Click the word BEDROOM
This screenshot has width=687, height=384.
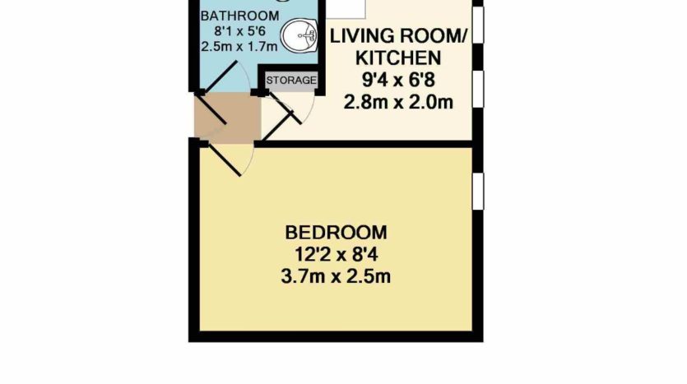tap(336, 233)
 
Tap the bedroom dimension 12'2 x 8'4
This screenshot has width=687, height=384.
tap(336, 254)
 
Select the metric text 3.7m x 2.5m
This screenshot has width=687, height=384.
tap(336, 277)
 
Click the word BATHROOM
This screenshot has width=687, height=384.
tap(239, 16)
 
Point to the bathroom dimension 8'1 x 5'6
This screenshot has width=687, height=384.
tap(239, 31)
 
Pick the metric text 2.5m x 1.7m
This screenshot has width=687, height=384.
tap(239, 46)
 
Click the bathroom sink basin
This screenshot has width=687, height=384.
tap(299, 35)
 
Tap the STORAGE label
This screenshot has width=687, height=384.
tap(291, 81)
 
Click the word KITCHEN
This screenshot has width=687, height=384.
tap(398, 58)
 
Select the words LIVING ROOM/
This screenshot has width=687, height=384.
tap(398, 36)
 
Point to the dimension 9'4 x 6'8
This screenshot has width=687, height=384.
tap(398, 80)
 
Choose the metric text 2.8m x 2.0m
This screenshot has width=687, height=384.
tap(398, 103)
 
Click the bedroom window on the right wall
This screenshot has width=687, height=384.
tap(478, 191)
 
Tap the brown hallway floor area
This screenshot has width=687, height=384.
tap(227, 118)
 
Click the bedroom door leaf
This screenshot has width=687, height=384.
tap(225, 160)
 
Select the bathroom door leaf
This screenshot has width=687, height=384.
tap(220, 77)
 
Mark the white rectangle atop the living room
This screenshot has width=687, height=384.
tap(346, 9)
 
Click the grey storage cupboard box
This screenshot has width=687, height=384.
tap(291, 81)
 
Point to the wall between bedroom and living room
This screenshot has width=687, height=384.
tap(364, 144)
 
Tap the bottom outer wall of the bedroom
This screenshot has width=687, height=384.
tap(336, 336)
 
